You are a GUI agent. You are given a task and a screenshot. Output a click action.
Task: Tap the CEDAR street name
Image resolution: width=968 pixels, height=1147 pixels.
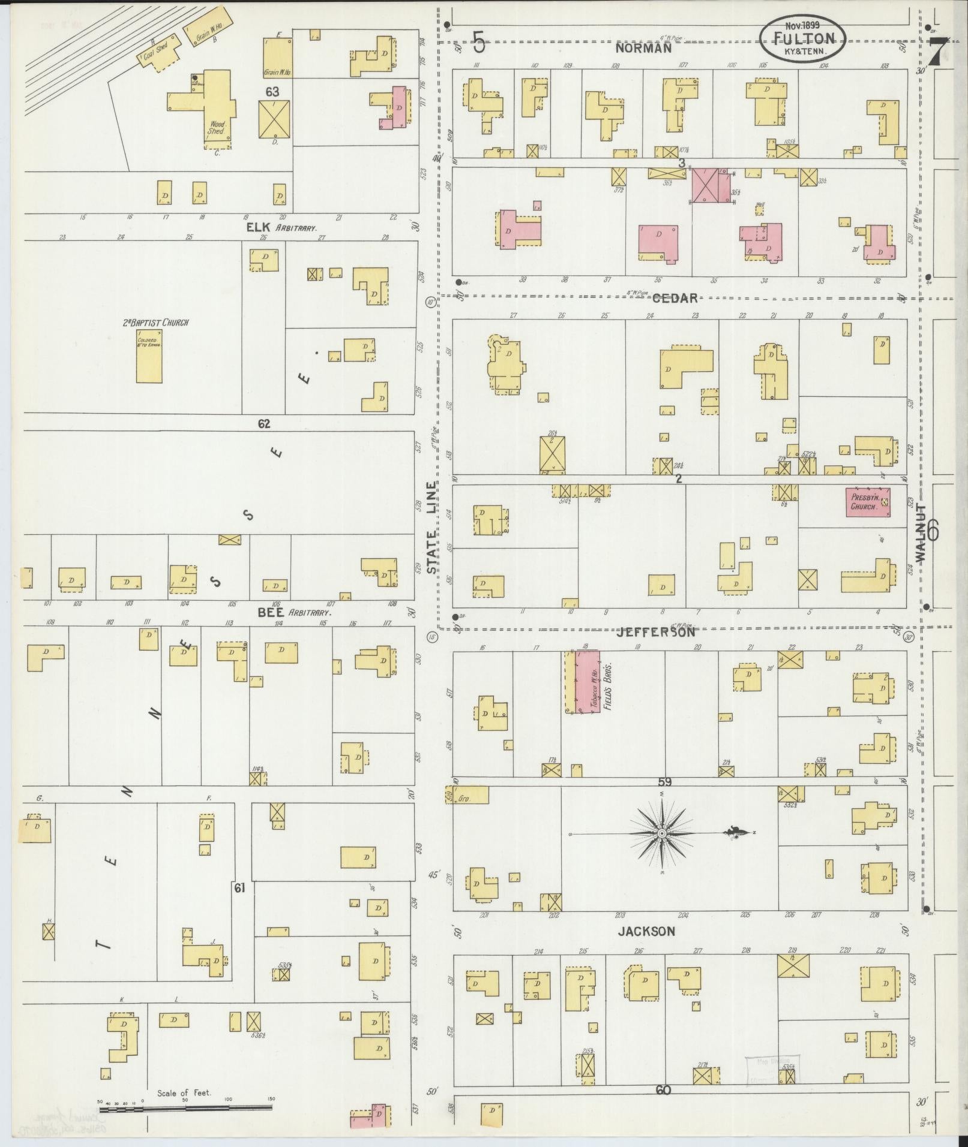675,298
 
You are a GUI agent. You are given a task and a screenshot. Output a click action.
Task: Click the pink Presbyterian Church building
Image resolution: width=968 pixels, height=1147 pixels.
868,501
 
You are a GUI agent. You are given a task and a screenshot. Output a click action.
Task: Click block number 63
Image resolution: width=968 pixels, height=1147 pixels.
273,91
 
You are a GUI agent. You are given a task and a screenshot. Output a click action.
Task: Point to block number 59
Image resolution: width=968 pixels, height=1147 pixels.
664,782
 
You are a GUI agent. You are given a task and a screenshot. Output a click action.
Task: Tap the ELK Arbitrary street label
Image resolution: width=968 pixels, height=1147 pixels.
281,228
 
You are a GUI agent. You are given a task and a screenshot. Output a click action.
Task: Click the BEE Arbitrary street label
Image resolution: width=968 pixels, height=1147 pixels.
294,613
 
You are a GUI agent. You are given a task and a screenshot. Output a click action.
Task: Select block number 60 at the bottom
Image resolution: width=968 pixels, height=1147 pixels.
663,1090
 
